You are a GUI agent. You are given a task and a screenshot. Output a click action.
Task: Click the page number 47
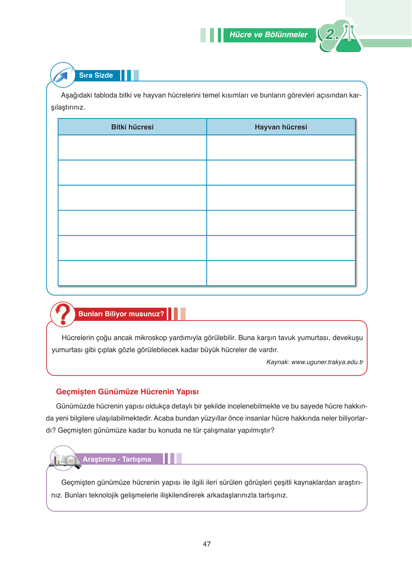pyautogui.click(x=207, y=544)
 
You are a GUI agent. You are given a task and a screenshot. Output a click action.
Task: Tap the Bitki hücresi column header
pyautogui.click(x=132, y=127)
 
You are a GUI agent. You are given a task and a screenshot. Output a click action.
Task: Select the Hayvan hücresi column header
pyautogui.click(x=281, y=127)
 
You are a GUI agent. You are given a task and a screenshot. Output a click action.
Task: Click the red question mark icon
pyautogui.click(x=63, y=314)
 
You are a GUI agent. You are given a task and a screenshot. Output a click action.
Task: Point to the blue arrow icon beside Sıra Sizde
pyautogui.click(x=62, y=75)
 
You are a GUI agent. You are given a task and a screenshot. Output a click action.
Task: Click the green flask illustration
pyautogui.click(x=349, y=40)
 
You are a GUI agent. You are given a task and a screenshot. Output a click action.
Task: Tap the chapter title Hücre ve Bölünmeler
pyautogui.click(x=268, y=35)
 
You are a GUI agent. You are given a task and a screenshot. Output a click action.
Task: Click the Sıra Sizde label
pyautogui.click(x=96, y=75)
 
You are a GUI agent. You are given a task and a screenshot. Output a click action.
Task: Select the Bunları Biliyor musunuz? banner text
pyautogui.click(x=121, y=314)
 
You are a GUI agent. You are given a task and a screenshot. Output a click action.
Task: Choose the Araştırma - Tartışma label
pyautogui.click(x=117, y=459)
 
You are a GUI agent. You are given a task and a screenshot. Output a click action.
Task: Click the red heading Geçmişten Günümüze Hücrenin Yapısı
pyautogui.click(x=127, y=392)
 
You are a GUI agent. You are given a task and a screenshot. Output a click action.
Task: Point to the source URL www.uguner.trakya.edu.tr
pyautogui.click(x=327, y=362)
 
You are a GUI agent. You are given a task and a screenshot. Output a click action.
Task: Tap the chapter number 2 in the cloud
pyautogui.click(x=331, y=34)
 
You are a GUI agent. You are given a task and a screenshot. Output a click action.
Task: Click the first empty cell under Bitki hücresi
pyautogui.click(x=132, y=148)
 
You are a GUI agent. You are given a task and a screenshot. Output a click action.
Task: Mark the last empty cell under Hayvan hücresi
pyautogui.click(x=281, y=273)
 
